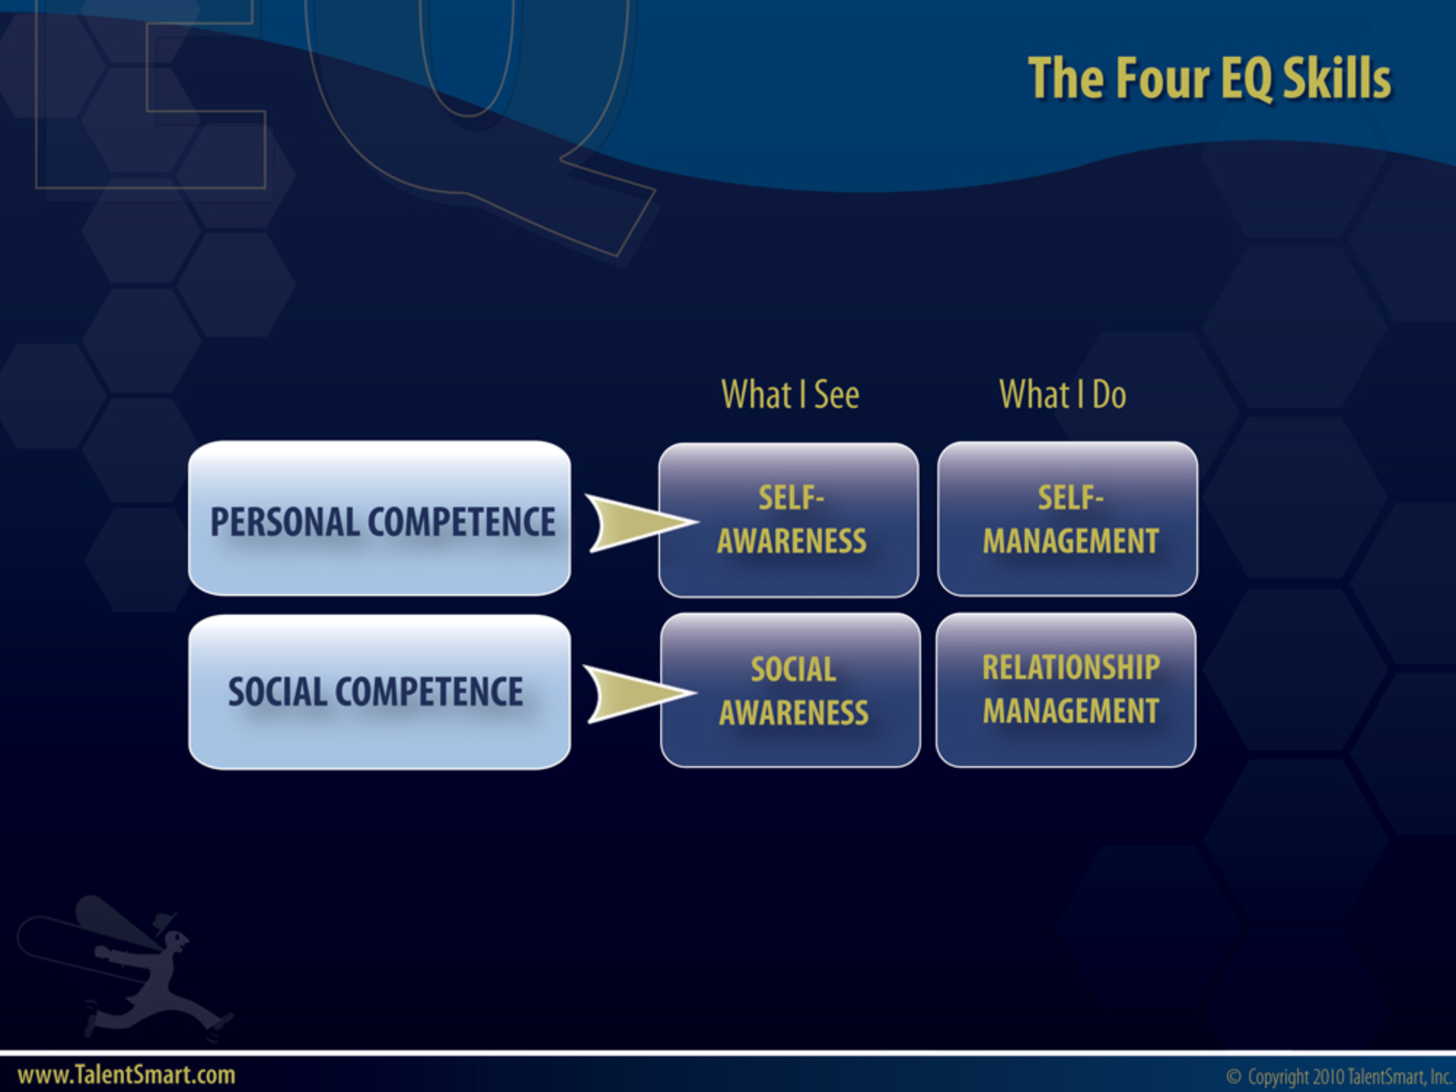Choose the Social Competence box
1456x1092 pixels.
(x=379, y=692)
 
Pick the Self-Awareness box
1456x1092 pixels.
(x=789, y=520)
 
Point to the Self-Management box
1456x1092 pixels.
(x=1068, y=519)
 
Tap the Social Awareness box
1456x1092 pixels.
(x=791, y=690)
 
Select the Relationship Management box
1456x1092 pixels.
(x=1066, y=690)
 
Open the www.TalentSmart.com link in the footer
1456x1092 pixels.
(x=126, y=1075)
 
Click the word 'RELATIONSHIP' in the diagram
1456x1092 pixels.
(x=1071, y=667)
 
